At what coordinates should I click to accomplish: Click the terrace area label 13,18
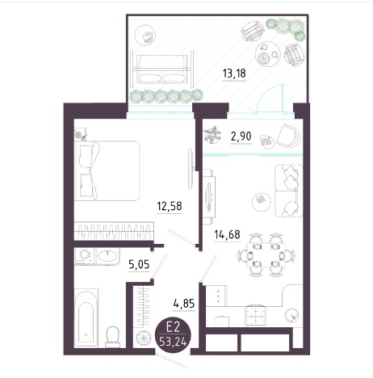(234, 73)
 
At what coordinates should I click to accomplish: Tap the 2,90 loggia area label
(241, 136)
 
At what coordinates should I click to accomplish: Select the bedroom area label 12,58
(170, 206)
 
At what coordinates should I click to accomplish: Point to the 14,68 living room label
(227, 234)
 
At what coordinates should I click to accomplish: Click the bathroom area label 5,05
(139, 265)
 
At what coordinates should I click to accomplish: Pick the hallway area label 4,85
(184, 304)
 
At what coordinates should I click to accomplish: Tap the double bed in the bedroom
(107, 170)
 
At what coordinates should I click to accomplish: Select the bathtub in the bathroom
(86, 318)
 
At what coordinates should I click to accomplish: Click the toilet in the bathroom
(113, 337)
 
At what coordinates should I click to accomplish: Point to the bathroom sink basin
(107, 255)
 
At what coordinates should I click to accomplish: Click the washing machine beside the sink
(84, 256)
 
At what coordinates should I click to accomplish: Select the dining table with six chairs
(266, 254)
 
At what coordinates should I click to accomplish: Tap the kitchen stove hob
(255, 315)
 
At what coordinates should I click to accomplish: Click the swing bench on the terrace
(162, 69)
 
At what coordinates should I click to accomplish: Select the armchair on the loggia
(288, 136)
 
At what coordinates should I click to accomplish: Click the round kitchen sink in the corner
(292, 315)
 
